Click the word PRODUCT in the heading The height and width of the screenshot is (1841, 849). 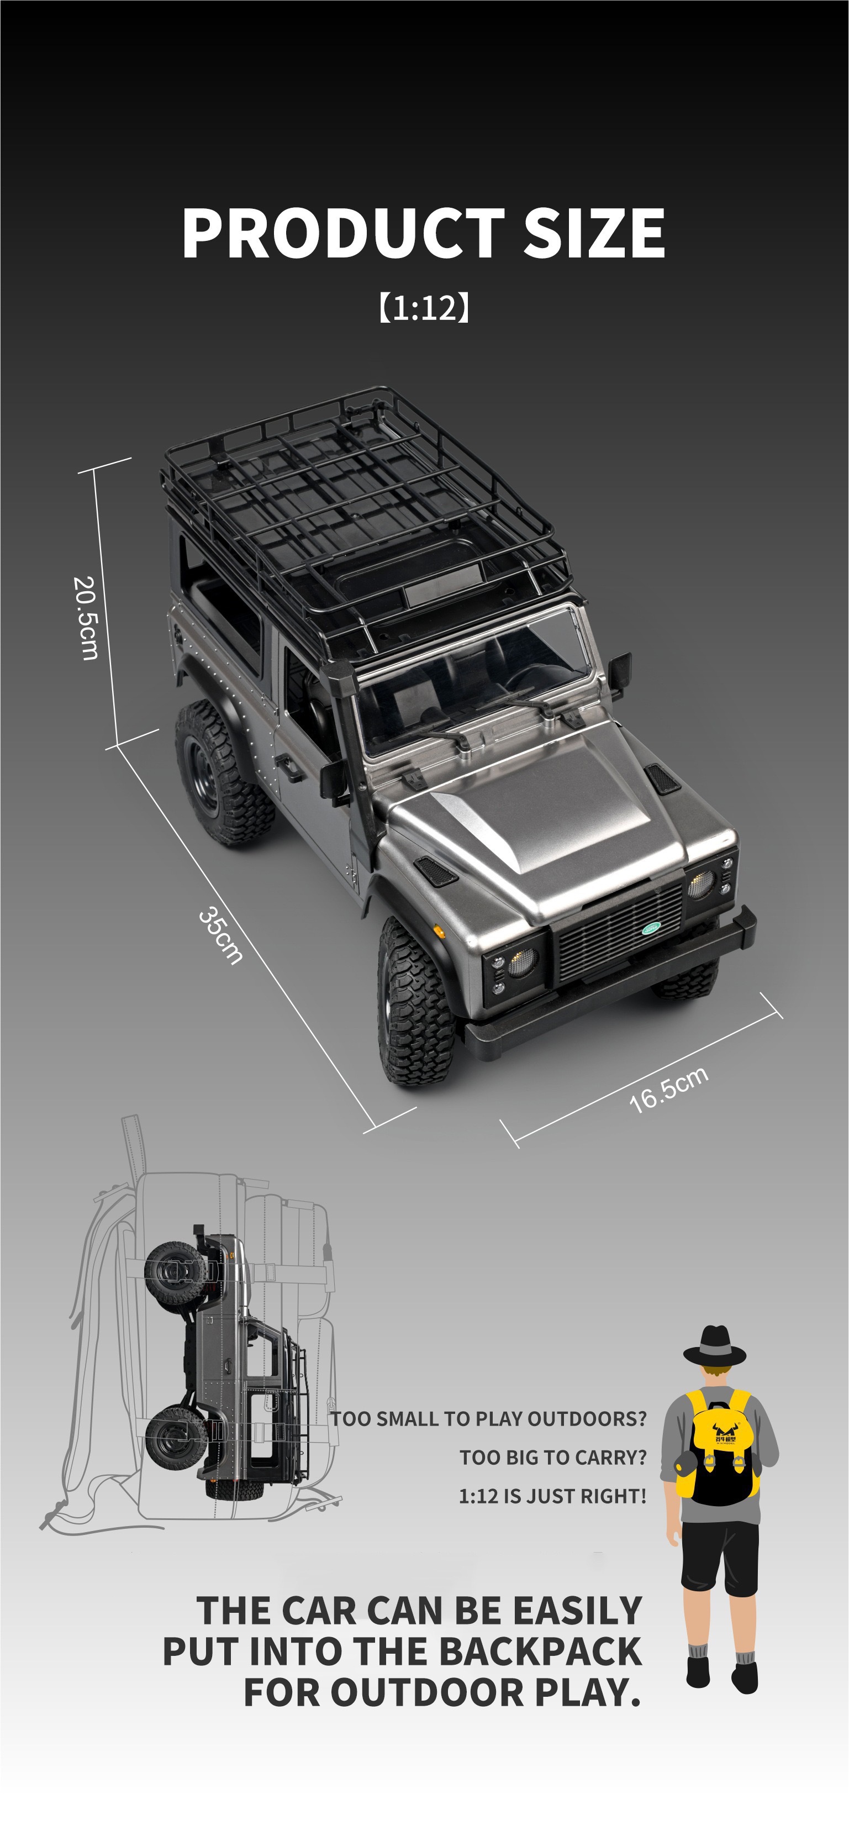coord(341,233)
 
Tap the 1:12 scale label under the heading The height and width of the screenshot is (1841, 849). coord(424,307)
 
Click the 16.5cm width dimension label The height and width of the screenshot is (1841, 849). coord(668,1089)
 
